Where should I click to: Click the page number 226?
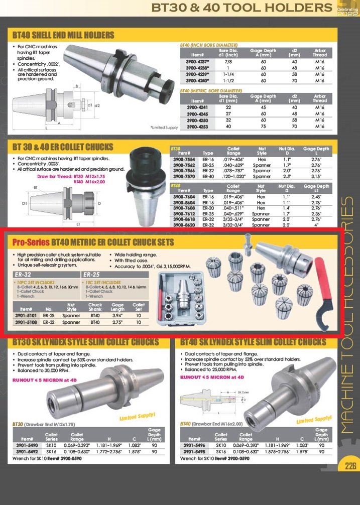pyautogui.click(x=350, y=465)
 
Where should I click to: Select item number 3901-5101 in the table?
pyautogui.click(x=26, y=316)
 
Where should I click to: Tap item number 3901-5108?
pyautogui.click(x=26, y=322)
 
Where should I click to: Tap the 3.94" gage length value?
pyautogui.click(x=117, y=316)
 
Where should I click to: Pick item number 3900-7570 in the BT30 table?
pyautogui.click(x=183, y=176)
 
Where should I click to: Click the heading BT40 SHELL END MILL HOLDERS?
pyautogui.click(x=63, y=35)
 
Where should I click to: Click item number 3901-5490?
pyautogui.click(x=26, y=445)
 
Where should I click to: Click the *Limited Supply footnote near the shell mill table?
pyautogui.click(x=164, y=128)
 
